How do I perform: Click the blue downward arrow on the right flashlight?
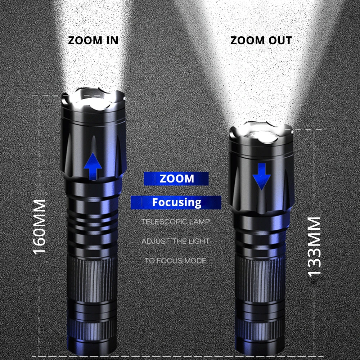tap(261, 176)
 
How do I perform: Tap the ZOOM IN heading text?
tap(93, 40)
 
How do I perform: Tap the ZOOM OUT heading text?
tap(261, 40)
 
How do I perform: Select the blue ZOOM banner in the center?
tap(176, 179)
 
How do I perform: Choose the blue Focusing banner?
tap(176, 202)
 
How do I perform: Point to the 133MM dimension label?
tap(314, 247)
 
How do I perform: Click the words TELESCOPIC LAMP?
tap(175, 221)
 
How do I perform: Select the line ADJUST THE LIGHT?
tap(175, 241)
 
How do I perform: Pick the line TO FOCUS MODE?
tap(175, 261)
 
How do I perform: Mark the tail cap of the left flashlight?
tap(92, 335)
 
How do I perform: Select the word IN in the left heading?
tap(112, 40)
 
